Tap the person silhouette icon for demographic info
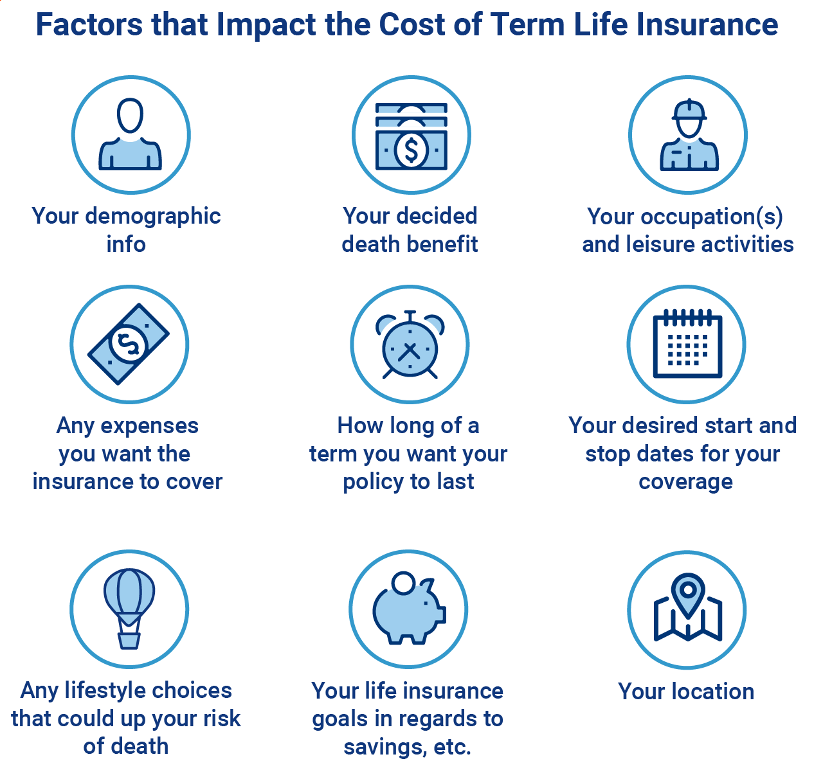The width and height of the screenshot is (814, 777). [x=130, y=134]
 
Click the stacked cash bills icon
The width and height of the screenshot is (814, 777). [x=412, y=136]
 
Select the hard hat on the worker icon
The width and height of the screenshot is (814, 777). [x=689, y=110]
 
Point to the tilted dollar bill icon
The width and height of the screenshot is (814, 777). [x=129, y=344]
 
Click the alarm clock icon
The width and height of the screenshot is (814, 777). [x=410, y=345]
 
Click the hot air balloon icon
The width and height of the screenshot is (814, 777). [x=129, y=609]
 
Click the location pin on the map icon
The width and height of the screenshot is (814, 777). [x=688, y=594]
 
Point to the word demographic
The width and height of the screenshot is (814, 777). [x=152, y=217]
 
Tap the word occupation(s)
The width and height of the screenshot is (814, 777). [x=711, y=217]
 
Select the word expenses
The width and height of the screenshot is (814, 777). [x=149, y=427]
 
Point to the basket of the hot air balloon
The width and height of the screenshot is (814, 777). [x=129, y=641]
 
